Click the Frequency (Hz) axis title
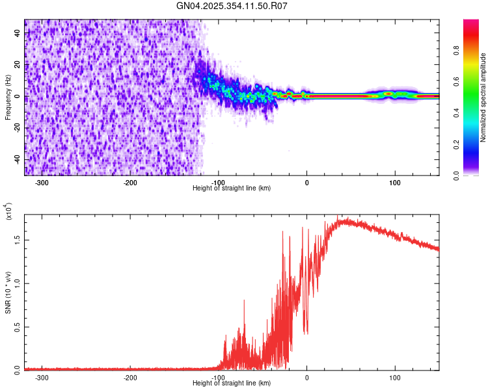click(8, 97)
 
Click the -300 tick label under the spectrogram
click(43, 183)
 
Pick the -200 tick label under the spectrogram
click(130, 183)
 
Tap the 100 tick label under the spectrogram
click(394, 183)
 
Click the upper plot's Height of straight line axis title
click(232, 188)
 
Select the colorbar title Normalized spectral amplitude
click(483, 97)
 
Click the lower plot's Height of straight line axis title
click(232, 383)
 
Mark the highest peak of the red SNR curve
click(338, 216)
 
